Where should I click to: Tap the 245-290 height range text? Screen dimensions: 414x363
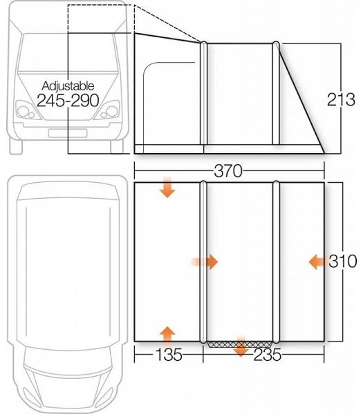70,100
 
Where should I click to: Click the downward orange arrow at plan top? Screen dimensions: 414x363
167,187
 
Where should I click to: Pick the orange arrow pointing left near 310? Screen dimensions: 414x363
317,261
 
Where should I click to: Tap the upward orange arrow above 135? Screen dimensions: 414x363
167,335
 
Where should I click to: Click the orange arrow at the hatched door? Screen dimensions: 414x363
241,347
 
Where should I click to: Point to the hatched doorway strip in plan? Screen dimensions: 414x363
240,342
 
